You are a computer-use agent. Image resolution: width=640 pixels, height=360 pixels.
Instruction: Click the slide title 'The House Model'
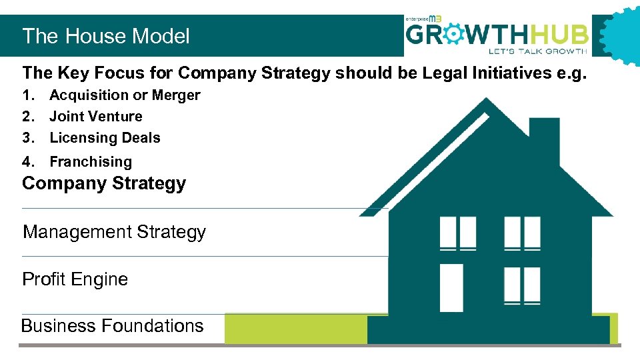[106, 36]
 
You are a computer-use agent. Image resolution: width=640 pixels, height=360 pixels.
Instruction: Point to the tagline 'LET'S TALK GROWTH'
[537, 51]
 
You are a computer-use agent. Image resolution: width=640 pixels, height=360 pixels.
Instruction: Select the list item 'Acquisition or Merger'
[125, 95]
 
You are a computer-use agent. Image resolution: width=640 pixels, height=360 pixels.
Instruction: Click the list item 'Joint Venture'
[96, 117]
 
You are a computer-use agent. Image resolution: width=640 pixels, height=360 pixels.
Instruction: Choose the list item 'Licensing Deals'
[105, 138]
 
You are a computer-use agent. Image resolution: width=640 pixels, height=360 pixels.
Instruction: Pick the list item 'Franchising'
[91, 161]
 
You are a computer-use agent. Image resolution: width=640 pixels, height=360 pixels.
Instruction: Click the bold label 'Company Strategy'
[104, 183]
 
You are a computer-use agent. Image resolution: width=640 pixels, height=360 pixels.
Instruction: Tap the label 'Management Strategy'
[114, 232]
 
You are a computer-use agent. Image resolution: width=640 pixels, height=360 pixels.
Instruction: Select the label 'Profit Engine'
[75, 279]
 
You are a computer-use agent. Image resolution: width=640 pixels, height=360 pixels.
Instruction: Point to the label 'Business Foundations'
[112, 326]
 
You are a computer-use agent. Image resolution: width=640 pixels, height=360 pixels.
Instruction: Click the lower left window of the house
[452, 287]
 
